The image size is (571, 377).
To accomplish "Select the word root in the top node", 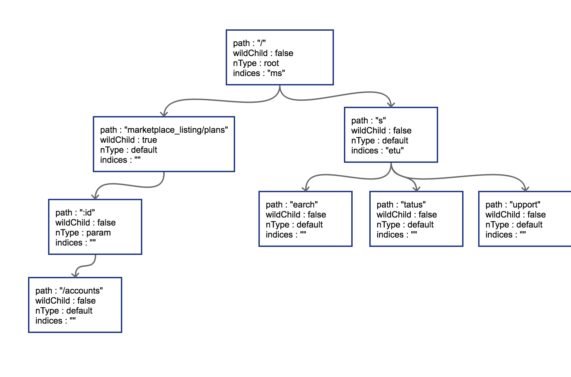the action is click(271, 63).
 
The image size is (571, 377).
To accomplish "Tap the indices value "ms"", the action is click(276, 73).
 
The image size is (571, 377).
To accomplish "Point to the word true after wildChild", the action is click(149, 140).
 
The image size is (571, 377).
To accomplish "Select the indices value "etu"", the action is click(394, 150).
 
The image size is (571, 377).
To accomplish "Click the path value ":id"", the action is click(87, 213).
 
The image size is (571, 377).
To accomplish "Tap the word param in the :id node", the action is click(99, 233).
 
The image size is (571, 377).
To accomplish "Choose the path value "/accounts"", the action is click(81, 291).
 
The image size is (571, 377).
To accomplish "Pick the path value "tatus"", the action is click(413, 205).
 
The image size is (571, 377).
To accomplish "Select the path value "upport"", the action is click(525, 205).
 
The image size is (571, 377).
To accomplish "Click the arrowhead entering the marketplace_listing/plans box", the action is click(164, 114).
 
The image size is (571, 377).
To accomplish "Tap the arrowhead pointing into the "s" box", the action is click(391, 105).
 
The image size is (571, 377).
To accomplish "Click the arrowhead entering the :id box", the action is click(95, 197).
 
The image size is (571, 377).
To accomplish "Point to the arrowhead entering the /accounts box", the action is click(75, 275).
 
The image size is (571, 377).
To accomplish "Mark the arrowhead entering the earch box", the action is click(306, 189).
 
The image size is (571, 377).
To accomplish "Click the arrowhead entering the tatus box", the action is click(416, 189).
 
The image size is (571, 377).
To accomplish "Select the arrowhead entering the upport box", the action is click(525, 189).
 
